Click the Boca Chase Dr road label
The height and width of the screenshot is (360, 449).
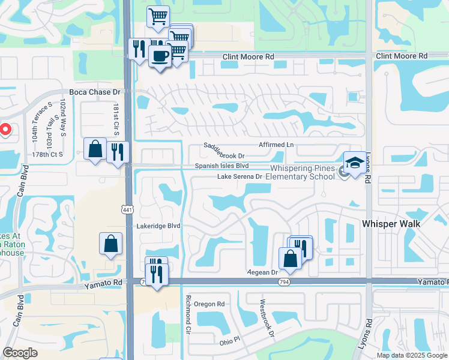click(95, 92)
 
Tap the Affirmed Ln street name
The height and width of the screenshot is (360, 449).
click(276, 145)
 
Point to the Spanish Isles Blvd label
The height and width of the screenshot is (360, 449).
click(221, 166)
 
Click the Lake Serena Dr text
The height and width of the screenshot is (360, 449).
click(240, 176)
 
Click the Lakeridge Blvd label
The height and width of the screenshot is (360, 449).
click(158, 226)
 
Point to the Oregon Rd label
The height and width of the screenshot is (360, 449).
click(209, 304)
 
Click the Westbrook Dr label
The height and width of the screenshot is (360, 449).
click(267, 318)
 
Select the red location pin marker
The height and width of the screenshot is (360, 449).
click(5, 128)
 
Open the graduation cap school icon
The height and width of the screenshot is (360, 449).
click(355, 163)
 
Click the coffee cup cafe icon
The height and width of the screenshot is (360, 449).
click(159, 56)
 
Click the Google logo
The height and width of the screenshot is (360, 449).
click(20, 353)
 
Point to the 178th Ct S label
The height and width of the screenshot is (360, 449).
click(48, 154)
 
